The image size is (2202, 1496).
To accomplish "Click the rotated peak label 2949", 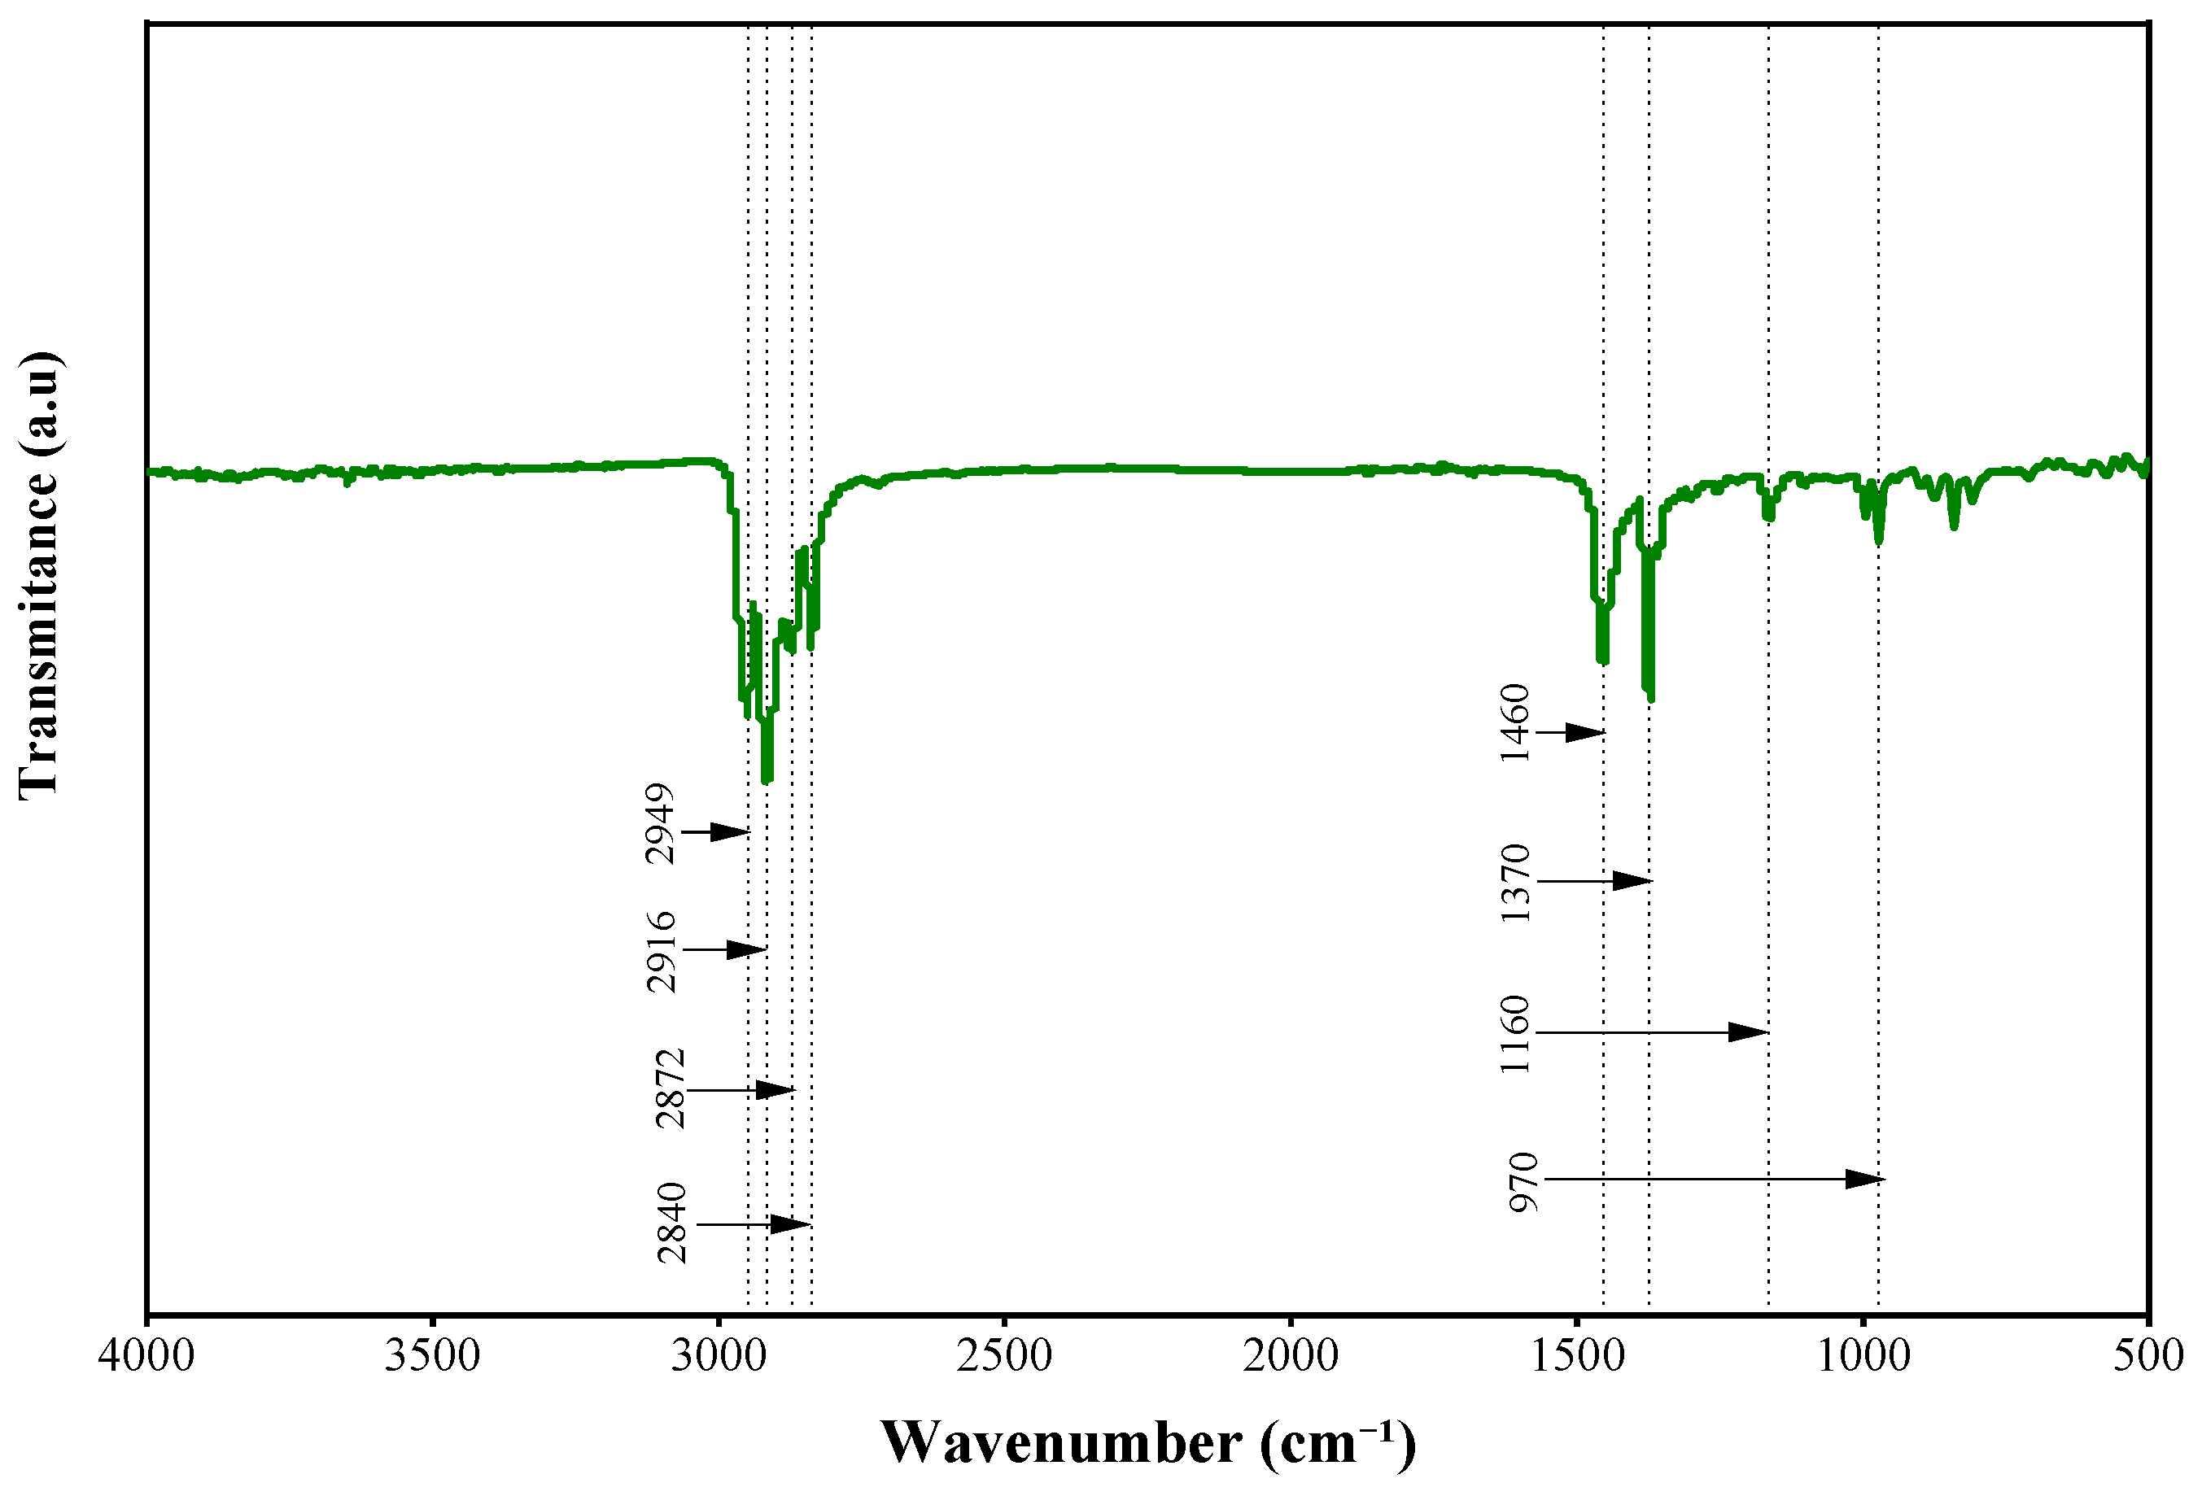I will click(659, 823).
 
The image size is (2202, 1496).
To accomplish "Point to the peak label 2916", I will click(662, 951).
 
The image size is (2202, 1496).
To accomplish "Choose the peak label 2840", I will click(672, 1223).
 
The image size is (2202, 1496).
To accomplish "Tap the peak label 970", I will click(1523, 1182).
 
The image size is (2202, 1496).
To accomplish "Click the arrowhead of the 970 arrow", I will click(1864, 1180).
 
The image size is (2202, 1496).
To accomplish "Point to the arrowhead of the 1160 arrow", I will click(1748, 1031).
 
